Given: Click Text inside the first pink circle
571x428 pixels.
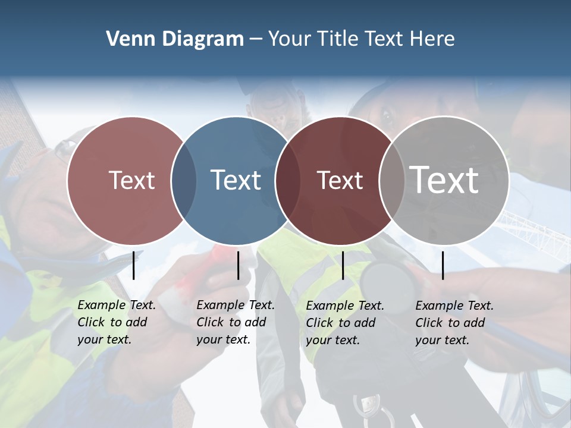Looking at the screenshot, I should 131,180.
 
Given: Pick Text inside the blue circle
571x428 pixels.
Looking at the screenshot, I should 236,180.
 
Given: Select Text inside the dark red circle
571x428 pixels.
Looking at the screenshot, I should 340,180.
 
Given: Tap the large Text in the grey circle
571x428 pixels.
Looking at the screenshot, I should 444,180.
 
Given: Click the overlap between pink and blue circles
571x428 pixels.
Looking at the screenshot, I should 184,181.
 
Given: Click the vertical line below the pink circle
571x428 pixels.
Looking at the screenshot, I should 134,265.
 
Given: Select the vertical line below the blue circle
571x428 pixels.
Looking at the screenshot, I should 238,265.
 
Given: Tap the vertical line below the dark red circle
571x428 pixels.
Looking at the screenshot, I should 343,265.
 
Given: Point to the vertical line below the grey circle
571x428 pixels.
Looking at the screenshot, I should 443,265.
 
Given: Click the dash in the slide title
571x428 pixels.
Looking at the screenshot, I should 256,40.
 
